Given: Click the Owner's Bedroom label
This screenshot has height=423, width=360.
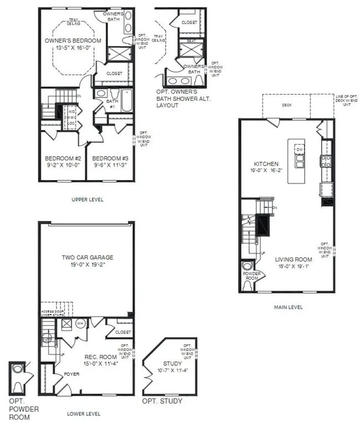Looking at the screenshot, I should coord(73,41).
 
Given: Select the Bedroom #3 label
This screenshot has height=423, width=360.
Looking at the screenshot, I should coord(110,157).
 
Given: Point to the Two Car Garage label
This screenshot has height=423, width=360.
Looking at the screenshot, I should coord(87,257).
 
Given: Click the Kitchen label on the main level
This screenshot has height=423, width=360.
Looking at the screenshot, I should coord(266,164).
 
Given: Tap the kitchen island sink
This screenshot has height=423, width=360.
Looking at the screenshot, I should coord(300,160).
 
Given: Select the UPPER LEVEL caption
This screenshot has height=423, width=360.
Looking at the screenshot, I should coord(88,199).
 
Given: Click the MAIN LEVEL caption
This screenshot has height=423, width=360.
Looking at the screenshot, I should coord(287,307).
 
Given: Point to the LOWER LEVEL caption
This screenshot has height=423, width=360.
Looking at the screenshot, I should coord(84,414).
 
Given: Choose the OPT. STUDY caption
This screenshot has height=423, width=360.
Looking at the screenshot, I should coord(162,401).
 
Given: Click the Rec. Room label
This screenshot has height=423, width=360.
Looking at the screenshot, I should coord(100,357).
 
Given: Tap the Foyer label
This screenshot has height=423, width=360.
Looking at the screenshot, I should coord(71,374).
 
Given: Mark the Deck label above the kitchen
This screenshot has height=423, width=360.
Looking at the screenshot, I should coord(286,104).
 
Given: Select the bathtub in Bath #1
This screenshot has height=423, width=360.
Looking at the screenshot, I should coord(126,101).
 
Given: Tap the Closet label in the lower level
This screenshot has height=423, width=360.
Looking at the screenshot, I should coord(123,332).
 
